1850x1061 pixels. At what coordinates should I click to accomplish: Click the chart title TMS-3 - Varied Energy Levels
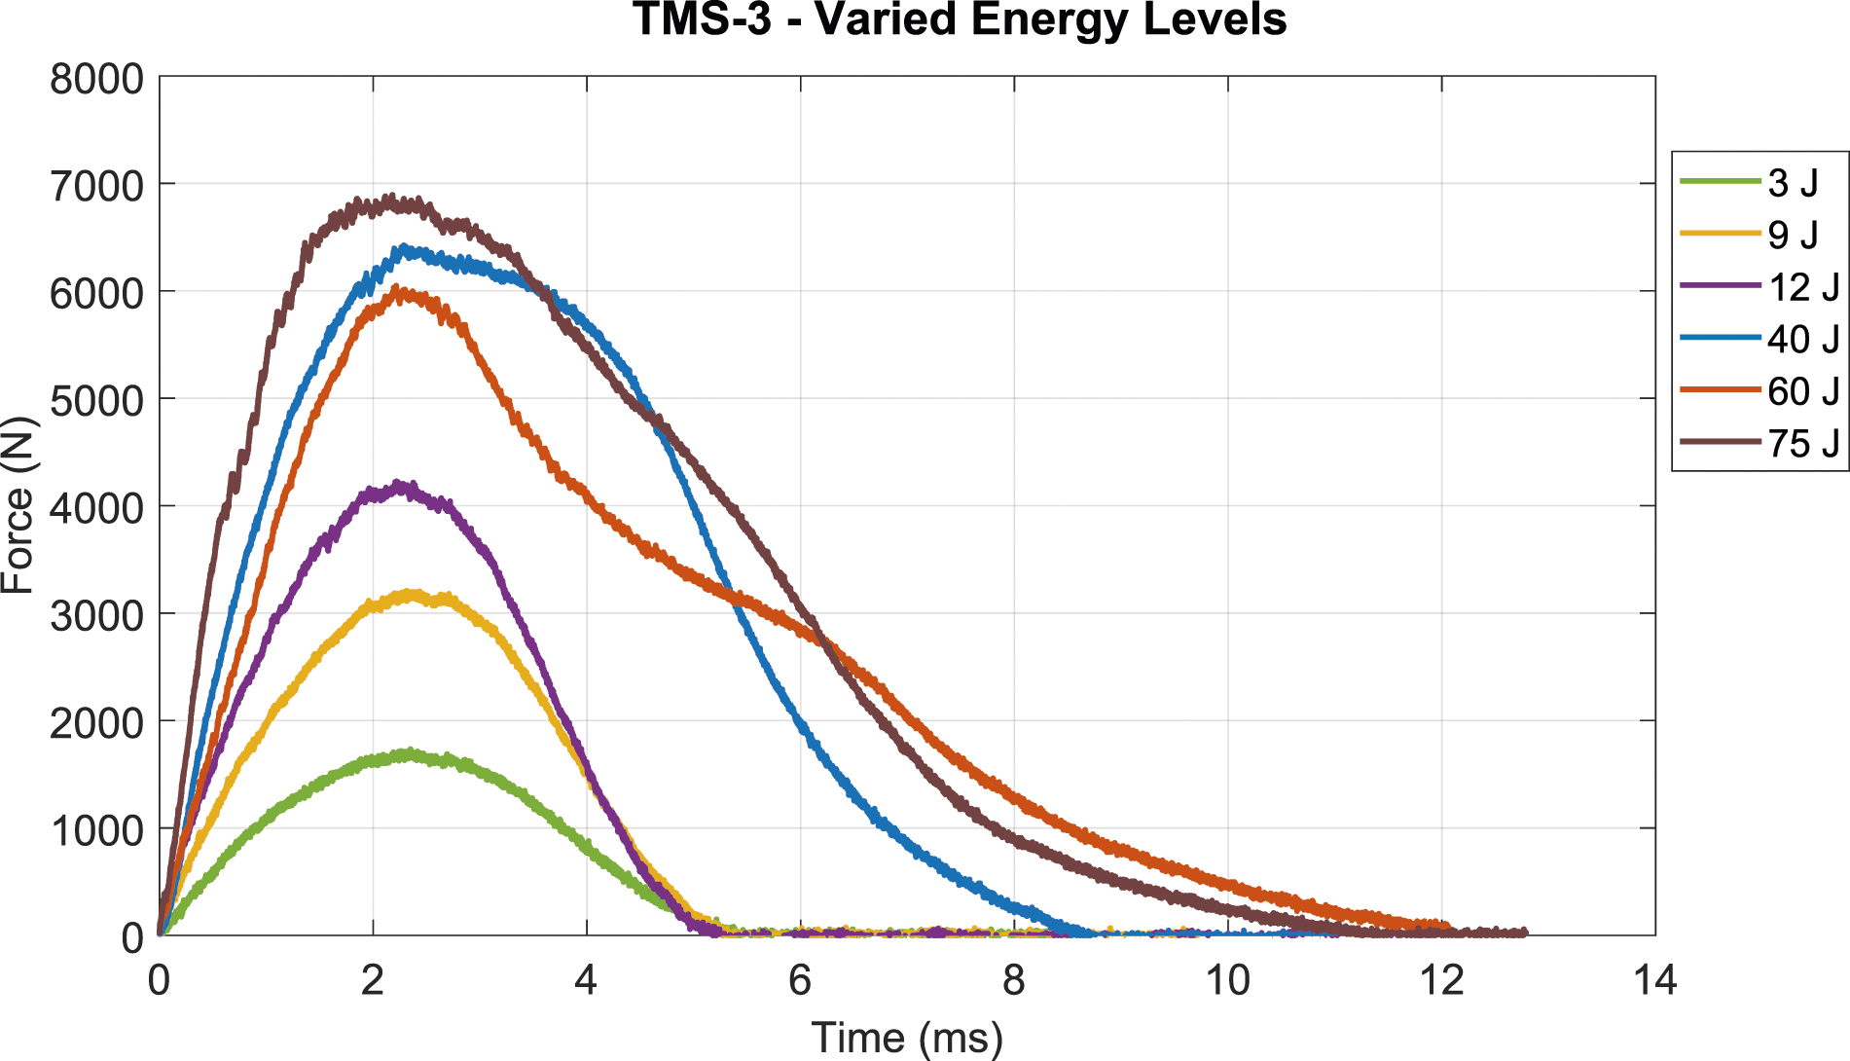960,19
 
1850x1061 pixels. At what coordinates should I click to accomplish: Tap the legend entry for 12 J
1759,287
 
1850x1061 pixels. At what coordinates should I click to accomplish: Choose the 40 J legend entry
1759,339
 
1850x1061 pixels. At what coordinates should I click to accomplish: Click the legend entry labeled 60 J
1759,391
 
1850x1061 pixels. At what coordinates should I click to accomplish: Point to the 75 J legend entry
1759,444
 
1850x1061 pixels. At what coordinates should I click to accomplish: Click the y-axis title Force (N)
18,505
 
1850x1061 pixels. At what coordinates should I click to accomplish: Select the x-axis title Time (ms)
907,1038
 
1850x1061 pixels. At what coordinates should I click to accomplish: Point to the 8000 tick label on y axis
96,78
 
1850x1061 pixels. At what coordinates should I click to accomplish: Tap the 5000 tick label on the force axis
96,399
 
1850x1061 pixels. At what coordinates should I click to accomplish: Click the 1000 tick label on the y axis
96,828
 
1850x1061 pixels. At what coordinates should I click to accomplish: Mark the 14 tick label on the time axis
1654,980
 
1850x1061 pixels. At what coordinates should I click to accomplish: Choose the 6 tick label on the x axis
800,980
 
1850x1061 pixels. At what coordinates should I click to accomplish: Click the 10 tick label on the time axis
1227,980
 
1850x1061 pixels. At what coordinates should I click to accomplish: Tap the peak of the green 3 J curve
409,752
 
